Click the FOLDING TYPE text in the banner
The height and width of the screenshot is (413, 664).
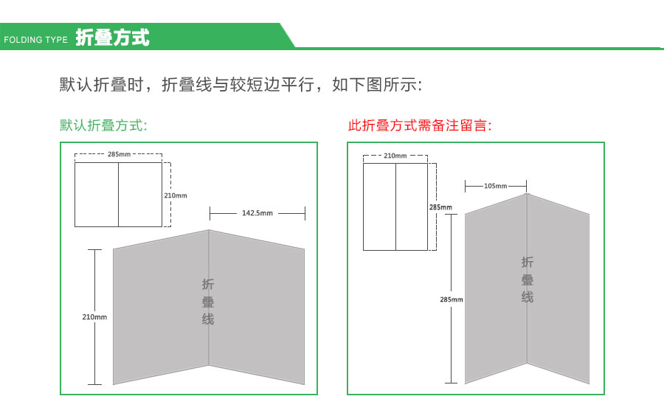(35, 40)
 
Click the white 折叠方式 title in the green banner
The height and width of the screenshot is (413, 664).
(112, 38)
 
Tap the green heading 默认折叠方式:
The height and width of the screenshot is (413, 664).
(103, 125)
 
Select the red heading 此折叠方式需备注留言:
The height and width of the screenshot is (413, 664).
(420, 125)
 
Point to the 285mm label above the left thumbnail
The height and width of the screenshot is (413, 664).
(119, 154)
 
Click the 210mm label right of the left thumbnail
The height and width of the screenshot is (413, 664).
(176, 195)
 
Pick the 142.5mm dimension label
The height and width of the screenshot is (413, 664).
(257, 214)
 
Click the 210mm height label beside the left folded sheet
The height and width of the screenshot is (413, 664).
(94, 317)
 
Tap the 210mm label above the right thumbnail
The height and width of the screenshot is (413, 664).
(395, 156)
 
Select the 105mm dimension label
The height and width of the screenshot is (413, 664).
(496, 186)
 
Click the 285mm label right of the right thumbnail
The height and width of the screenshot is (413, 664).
(441, 207)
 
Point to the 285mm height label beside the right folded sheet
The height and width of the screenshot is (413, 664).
(452, 299)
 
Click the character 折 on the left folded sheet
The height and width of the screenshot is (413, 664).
(208, 285)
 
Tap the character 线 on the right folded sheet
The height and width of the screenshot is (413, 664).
(528, 297)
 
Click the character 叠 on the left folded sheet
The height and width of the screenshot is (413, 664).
(208, 302)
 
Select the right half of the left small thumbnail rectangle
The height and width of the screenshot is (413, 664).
(140, 195)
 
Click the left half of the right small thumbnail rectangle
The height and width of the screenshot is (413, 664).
(379, 207)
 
